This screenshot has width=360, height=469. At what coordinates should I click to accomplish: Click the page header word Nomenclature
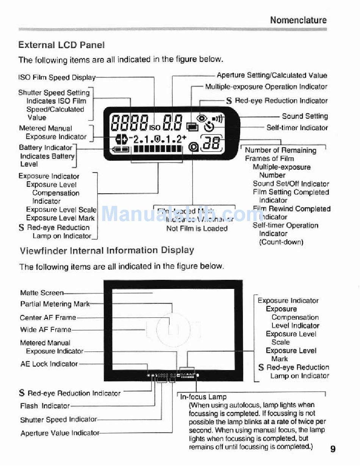click(298, 20)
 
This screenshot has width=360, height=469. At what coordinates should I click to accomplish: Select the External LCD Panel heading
click(61, 45)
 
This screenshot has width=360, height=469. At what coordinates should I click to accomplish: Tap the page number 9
click(333, 449)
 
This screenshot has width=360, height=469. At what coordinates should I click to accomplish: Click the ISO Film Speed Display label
click(57, 77)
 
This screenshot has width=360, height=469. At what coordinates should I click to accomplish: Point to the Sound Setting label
click(305, 116)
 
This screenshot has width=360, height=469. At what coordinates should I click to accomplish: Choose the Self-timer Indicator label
click(297, 128)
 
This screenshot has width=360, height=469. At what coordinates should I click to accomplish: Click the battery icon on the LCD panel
click(122, 149)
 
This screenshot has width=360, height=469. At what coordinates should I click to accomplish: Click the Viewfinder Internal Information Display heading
click(107, 251)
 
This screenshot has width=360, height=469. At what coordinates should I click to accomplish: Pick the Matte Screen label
click(42, 293)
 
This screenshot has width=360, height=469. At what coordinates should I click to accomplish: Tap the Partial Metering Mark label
click(55, 304)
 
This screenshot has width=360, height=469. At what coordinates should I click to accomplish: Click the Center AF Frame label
click(48, 317)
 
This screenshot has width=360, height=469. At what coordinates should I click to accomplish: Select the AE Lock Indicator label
click(49, 364)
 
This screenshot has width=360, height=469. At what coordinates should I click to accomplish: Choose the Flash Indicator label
click(45, 406)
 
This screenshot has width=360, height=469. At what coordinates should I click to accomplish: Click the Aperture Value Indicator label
click(60, 433)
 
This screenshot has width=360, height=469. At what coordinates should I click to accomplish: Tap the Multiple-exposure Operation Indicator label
click(266, 87)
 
